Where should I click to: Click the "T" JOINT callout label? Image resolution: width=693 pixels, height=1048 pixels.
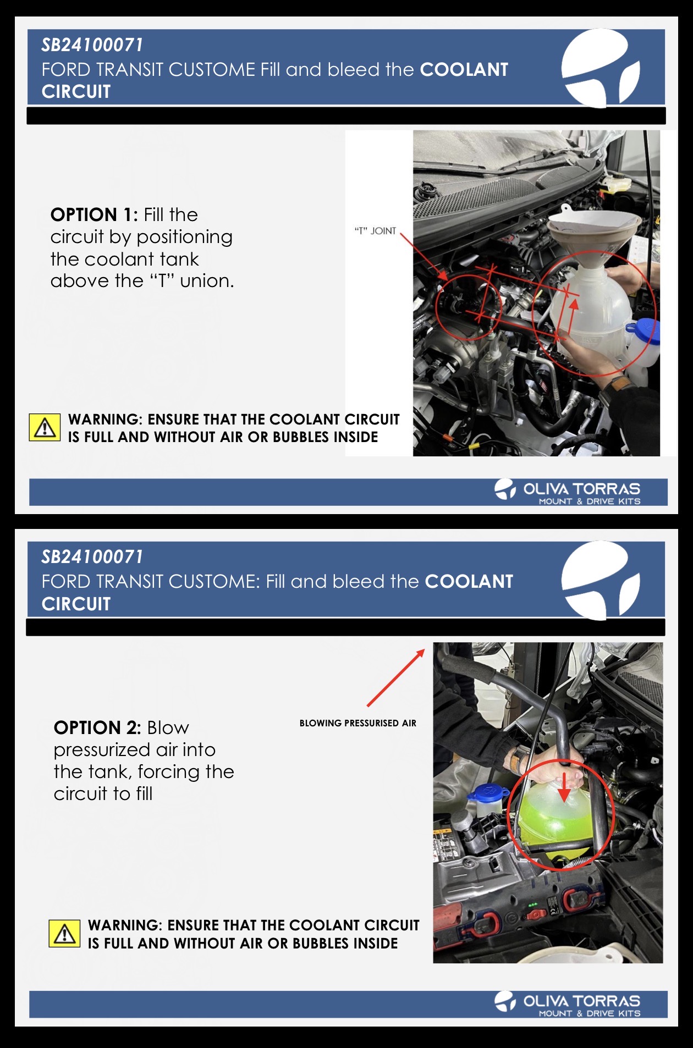point(375,231)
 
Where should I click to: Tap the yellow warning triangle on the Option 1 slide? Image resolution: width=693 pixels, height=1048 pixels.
point(45,428)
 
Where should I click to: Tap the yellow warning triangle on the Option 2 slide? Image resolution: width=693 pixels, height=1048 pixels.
point(65,934)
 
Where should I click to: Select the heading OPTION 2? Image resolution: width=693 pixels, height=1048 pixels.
point(97,727)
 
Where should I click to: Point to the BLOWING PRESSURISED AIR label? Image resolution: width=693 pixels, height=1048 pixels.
point(358,723)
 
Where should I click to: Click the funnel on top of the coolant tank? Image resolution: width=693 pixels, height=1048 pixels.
point(593,236)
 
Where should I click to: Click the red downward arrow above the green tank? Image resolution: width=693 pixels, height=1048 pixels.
point(564,788)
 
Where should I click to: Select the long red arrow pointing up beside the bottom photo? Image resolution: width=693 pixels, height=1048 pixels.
point(396,677)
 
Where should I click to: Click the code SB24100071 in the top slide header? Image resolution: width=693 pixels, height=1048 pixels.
point(92,45)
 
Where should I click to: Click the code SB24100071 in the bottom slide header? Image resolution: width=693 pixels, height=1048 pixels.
point(92,557)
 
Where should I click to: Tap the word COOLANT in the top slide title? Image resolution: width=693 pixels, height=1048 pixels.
point(464,70)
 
